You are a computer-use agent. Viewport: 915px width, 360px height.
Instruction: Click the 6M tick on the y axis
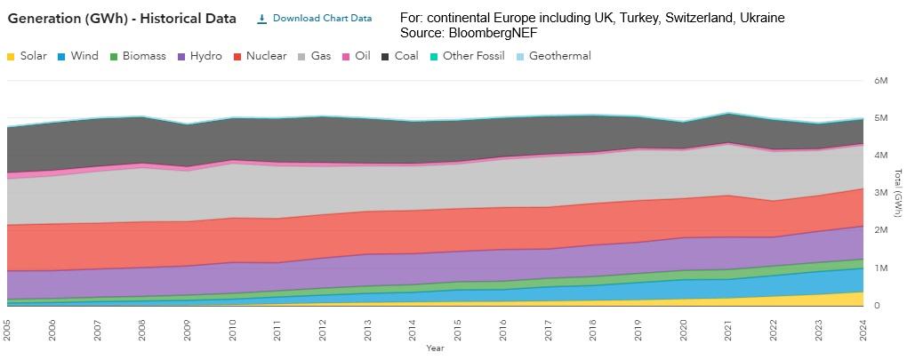[x=881, y=81]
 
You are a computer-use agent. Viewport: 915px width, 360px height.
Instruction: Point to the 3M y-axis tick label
[x=881, y=193]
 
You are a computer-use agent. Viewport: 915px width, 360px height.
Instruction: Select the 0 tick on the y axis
[x=878, y=306]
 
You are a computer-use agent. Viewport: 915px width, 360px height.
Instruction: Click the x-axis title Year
[x=435, y=348]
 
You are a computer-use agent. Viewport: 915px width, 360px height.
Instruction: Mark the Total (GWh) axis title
[x=898, y=192]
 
